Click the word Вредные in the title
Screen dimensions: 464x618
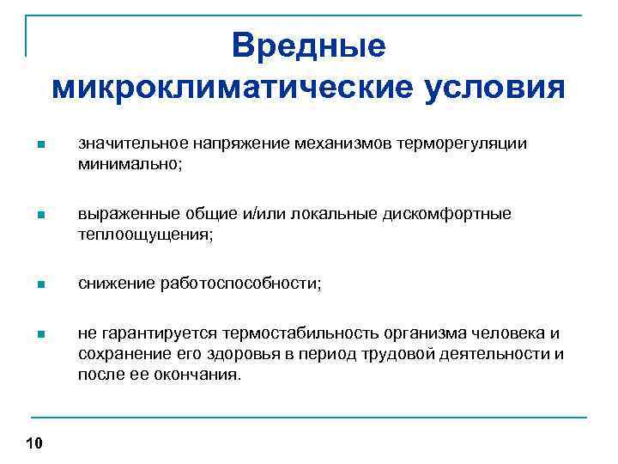coord(309,46)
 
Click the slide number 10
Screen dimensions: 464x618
coord(34,443)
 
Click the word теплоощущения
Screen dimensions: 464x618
coord(142,234)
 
